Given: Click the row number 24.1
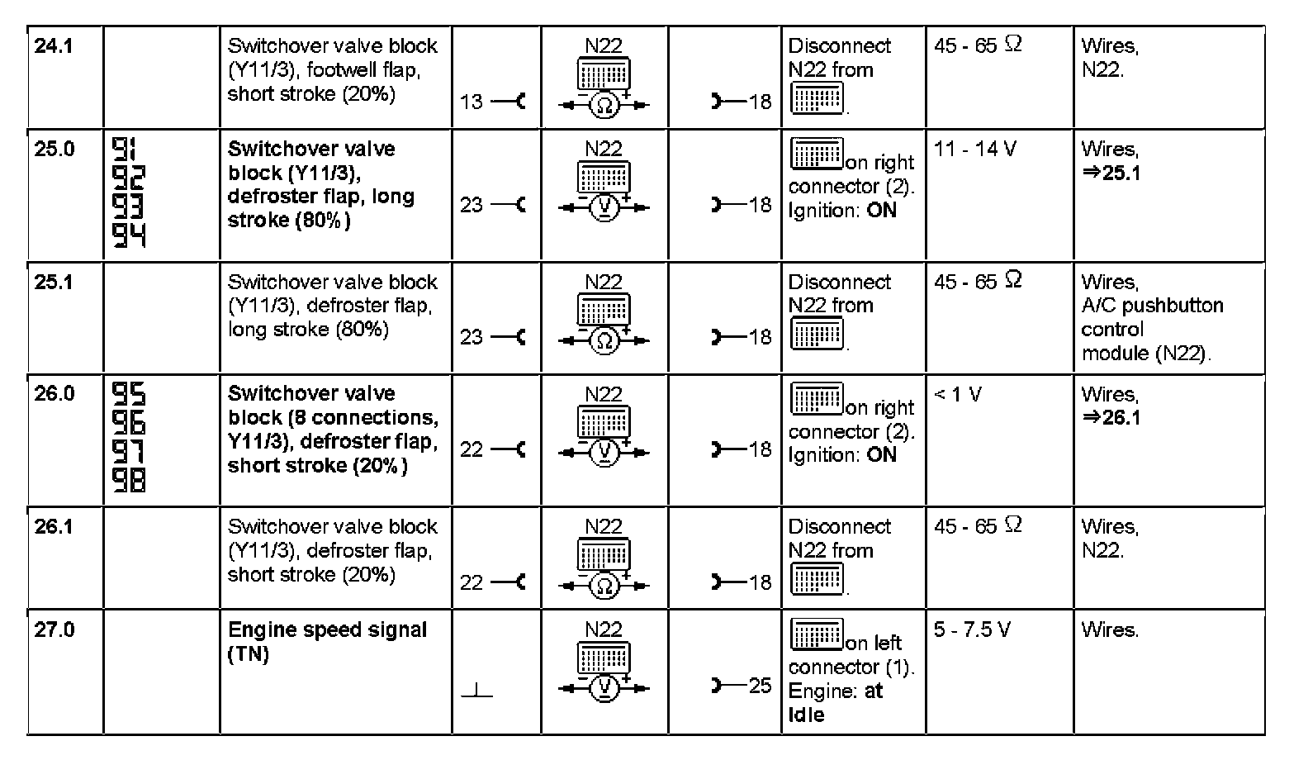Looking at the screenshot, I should point(54,46).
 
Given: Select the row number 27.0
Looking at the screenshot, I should point(54,630).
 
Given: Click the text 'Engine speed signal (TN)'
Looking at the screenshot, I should point(327,642).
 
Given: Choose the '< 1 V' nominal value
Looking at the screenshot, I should point(958,395).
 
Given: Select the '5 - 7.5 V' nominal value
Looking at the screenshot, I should point(971,630).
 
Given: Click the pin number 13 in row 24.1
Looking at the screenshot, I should point(472,102).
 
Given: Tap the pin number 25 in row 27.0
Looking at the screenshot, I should point(760,686).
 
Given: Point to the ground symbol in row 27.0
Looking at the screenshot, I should point(476,691).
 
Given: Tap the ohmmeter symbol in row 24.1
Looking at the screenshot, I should point(604,105).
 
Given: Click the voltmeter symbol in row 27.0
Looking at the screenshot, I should point(604,688).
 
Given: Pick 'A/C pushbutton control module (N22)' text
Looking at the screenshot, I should point(1152,330).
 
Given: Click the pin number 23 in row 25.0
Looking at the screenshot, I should point(472,205).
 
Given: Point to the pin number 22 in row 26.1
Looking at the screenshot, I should point(472,583).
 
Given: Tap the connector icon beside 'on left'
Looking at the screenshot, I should point(817,634).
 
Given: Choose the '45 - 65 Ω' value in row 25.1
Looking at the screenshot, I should point(978,282).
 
